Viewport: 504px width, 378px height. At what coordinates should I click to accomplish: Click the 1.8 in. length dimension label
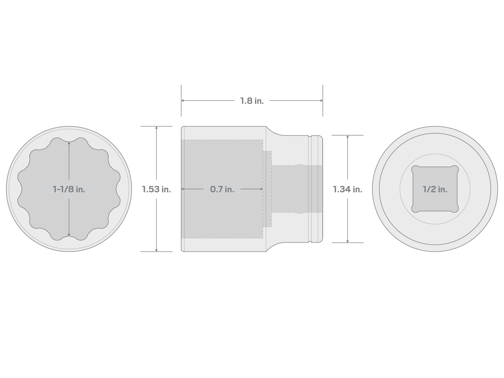(x=252, y=101)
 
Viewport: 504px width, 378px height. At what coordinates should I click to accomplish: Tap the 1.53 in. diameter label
(x=156, y=189)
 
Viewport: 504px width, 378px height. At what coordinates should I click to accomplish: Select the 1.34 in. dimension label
(x=348, y=189)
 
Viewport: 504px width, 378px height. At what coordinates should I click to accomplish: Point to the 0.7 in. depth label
(x=222, y=189)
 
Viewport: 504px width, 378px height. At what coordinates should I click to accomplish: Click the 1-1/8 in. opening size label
(x=69, y=189)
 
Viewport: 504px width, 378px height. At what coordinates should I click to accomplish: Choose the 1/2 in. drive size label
(x=435, y=189)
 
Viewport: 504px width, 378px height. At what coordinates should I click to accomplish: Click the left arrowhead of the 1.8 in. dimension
(x=182, y=101)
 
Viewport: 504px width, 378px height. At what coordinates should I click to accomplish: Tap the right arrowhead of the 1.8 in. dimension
(x=322, y=101)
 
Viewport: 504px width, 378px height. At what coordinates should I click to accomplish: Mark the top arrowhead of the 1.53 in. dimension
(x=156, y=128)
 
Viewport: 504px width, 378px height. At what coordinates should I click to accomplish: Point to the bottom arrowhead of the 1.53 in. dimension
(x=156, y=250)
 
